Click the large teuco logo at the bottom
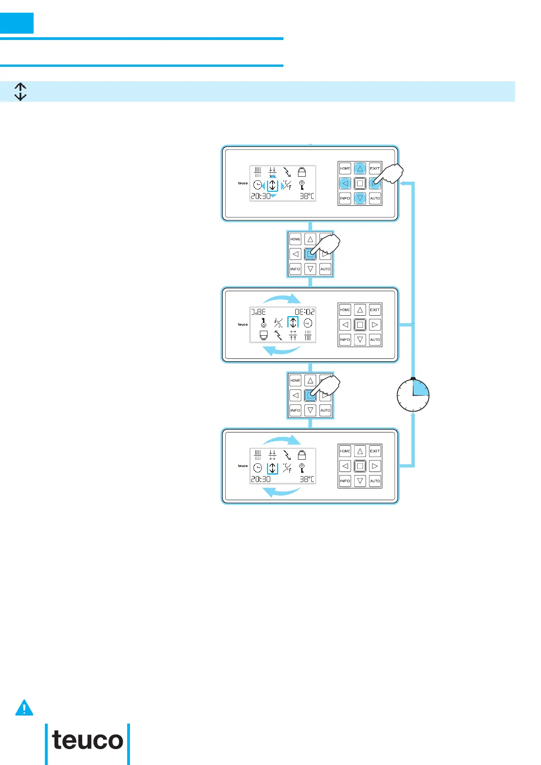(x=88, y=740)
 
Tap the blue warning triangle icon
(x=24, y=708)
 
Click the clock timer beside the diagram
(x=413, y=395)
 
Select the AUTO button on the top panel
(x=375, y=198)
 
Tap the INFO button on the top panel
(x=345, y=198)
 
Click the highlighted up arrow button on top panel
(x=360, y=169)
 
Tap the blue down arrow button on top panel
(x=360, y=198)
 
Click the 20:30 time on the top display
(x=261, y=196)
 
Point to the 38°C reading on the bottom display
(x=307, y=479)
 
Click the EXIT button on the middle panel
(x=375, y=310)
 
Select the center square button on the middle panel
(x=360, y=325)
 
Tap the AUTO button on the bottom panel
(x=375, y=481)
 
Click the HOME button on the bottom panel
(x=345, y=451)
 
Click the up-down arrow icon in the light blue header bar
(x=20, y=91)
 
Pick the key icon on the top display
(x=302, y=185)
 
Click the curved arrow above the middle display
(x=282, y=298)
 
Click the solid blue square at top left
(x=17, y=23)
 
